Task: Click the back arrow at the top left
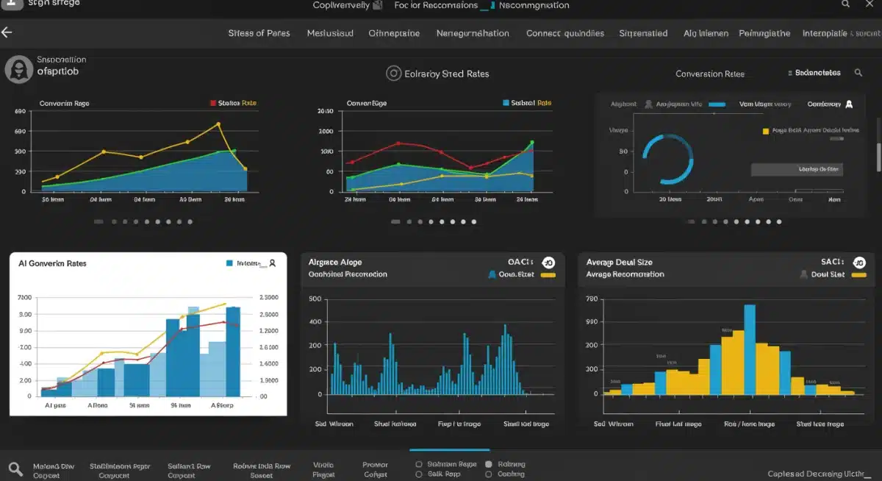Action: (7, 32)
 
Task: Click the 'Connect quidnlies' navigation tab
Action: (564, 33)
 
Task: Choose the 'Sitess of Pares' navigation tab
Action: (259, 33)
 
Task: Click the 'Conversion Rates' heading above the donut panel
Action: (709, 74)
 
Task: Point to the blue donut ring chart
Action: (667, 158)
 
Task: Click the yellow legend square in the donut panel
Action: (766, 131)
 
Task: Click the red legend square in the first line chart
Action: (213, 104)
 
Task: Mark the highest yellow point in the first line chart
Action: (218, 124)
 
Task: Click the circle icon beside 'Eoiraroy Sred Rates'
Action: (393, 74)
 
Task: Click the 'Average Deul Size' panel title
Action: (619, 262)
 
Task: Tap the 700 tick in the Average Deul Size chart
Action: (591, 299)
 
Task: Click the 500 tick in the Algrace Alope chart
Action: (315, 299)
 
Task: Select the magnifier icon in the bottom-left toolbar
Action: (15, 469)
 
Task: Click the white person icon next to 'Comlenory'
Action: (849, 104)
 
